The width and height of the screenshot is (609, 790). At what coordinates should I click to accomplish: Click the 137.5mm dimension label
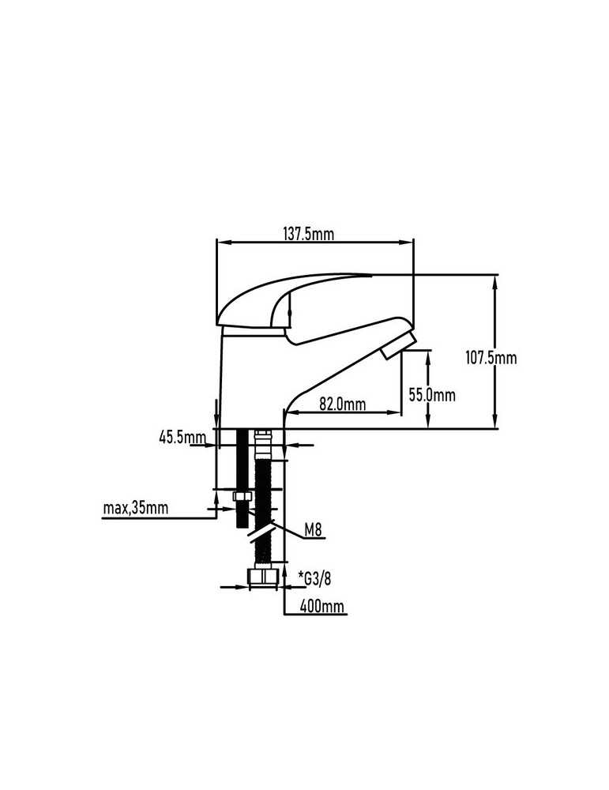pyautogui.click(x=308, y=235)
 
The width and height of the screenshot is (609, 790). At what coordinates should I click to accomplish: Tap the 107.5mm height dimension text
pyautogui.click(x=491, y=358)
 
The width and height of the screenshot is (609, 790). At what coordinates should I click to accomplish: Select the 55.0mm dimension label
pyautogui.click(x=432, y=395)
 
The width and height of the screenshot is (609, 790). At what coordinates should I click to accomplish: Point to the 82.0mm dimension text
pyautogui.click(x=343, y=404)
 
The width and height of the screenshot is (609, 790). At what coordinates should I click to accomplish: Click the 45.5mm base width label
pyautogui.click(x=182, y=437)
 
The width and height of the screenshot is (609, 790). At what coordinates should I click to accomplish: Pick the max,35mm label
pyautogui.click(x=136, y=508)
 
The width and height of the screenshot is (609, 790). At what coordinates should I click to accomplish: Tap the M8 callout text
pyautogui.click(x=313, y=529)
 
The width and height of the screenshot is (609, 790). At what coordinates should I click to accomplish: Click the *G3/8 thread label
pyautogui.click(x=315, y=578)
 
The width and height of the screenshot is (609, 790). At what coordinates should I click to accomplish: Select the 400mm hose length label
pyautogui.click(x=322, y=606)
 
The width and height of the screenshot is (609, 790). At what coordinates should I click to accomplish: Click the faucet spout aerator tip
pyautogui.click(x=398, y=346)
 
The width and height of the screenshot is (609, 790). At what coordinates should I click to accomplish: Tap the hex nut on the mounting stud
pyautogui.click(x=242, y=497)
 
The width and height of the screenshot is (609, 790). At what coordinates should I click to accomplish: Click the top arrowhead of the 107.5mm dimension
pyautogui.click(x=496, y=282)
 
